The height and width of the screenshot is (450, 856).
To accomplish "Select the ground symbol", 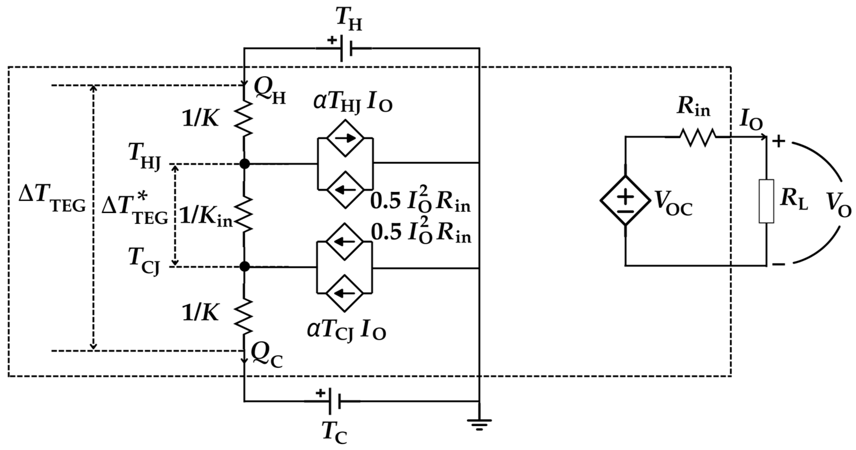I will coord(479,424).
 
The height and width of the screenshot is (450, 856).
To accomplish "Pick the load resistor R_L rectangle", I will coord(766,201).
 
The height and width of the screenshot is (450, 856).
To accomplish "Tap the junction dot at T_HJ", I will coord(245,164).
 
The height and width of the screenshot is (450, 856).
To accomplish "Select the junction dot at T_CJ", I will coord(245,266).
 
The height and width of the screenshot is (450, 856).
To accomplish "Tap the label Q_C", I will coord(267,359).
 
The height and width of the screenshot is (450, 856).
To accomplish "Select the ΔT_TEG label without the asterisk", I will coord(52,201).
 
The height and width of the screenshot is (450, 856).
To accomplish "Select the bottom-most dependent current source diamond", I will coord(345,293).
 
